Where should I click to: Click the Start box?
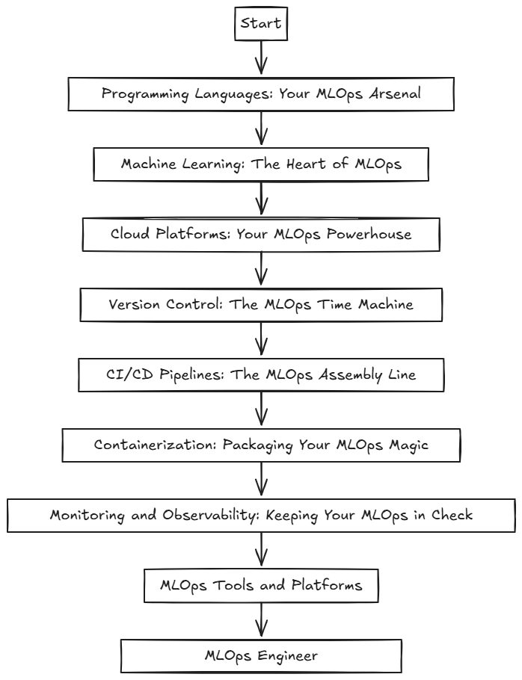pyautogui.click(x=260, y=23)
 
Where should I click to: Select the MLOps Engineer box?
pyautogui.click(x=261, y=655)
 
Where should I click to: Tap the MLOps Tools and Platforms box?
pyautogui.click(x=261, y=585)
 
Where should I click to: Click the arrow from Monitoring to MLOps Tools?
pyautogui.click(x=261, y=549)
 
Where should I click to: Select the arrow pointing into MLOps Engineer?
pyautogui.click(x=261, y=619)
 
